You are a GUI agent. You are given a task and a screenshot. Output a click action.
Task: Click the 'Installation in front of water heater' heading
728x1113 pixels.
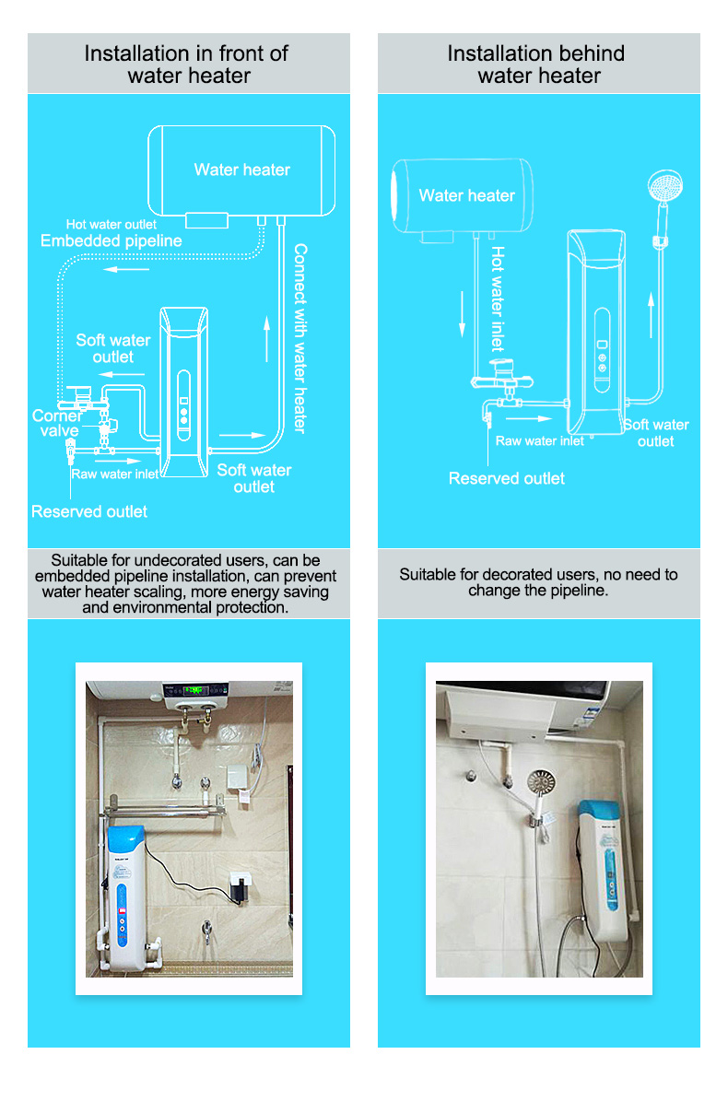(x=187, y=64)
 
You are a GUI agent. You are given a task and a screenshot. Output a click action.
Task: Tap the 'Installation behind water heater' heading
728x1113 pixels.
(x=537, y=64)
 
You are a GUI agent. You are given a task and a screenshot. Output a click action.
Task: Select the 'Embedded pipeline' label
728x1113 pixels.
(x=112, y=241)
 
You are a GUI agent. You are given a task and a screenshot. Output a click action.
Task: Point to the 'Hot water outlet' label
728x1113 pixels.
(x=112, y=225)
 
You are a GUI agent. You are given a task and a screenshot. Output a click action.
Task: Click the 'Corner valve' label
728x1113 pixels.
(x=56, y=423)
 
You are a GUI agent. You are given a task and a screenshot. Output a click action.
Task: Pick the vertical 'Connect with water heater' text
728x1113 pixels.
(x=300, y=338)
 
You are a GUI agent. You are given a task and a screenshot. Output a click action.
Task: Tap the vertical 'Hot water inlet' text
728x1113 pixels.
(x=498, y=299)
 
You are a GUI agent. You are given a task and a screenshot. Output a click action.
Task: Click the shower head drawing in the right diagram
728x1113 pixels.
(x=665, y=185)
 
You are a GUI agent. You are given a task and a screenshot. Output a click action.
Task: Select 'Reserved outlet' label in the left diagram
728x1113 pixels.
(x=89, y=511)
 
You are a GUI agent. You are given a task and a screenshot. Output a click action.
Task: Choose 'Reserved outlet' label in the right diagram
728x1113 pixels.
(x=507, y=478)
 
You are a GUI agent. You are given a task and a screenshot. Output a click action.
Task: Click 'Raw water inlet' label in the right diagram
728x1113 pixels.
(x=540, y=441)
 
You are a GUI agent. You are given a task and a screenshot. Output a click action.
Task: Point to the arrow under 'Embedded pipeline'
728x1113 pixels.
(x=126, y=269)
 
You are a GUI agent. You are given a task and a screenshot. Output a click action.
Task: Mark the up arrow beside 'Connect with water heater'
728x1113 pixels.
(x=267, y=338)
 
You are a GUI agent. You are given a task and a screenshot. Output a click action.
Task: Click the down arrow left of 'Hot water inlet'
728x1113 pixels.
(x=463, y=314)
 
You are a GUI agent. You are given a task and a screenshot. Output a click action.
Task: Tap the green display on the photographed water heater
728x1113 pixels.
(x=196, y=690)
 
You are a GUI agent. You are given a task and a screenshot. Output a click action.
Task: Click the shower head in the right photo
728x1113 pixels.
(x=541, y=782)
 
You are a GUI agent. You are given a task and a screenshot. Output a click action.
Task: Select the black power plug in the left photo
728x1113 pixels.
(x=241, y=891)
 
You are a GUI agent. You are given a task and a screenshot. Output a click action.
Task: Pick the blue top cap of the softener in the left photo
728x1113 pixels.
(x=125, y=839)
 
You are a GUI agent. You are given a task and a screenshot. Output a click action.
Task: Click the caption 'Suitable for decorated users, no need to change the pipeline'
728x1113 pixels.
(x=539, y=582)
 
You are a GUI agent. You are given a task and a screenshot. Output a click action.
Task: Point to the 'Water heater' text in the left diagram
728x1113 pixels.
(x=242, y=170)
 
